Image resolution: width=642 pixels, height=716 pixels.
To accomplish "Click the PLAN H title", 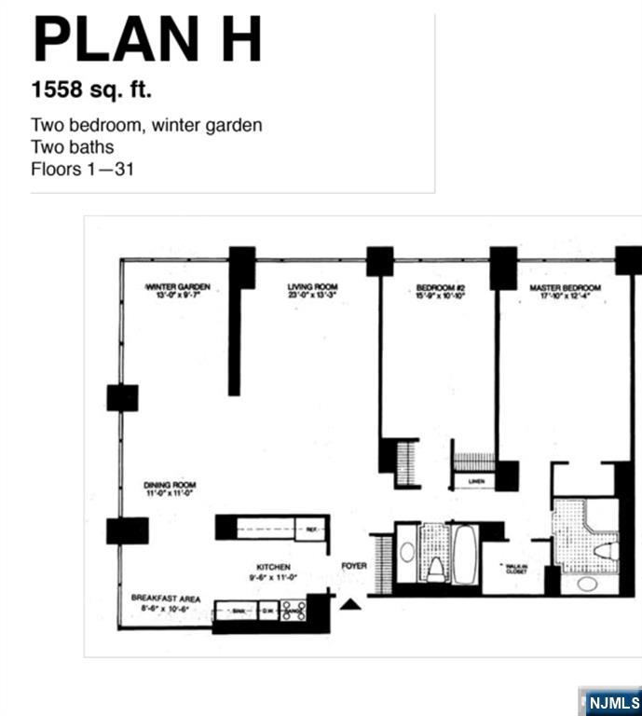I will tap(147, 40).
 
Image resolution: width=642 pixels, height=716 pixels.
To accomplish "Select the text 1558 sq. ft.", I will tap(91, 90).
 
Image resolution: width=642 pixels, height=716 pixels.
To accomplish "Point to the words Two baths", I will tap(72, 146).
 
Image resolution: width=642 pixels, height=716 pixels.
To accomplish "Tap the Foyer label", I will tap(354, 566).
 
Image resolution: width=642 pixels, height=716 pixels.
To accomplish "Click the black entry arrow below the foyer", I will tap(349, 605).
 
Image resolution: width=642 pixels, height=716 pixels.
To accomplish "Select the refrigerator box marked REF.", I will tap(311, 529).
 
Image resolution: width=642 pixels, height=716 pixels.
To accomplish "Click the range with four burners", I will tap(294, 612).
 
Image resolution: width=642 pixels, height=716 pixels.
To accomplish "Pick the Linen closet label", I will tap(476, 482).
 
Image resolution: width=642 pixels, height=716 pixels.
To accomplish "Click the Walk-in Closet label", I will tap(515, 568).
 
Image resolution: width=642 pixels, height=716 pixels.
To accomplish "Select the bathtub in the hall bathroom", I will tap(464, 553).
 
